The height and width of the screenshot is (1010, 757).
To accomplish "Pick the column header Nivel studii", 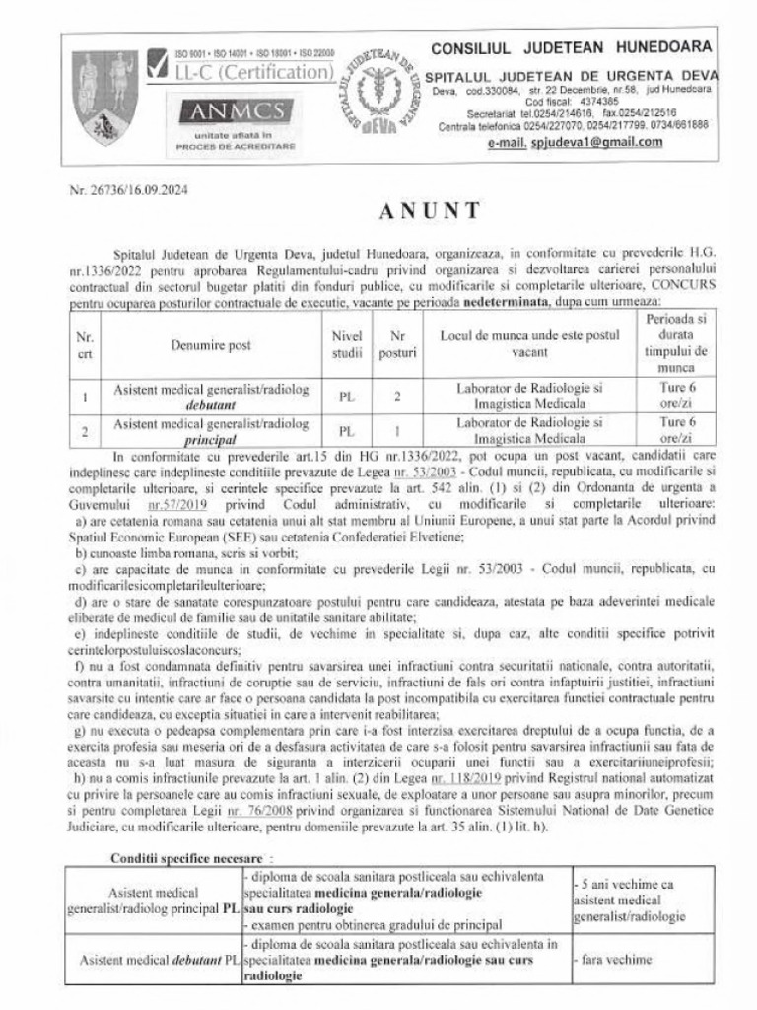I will click(347, 345).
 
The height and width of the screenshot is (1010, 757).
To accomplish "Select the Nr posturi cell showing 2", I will click(397, 397).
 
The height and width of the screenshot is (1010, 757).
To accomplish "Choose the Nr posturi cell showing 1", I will click(397, 431).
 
